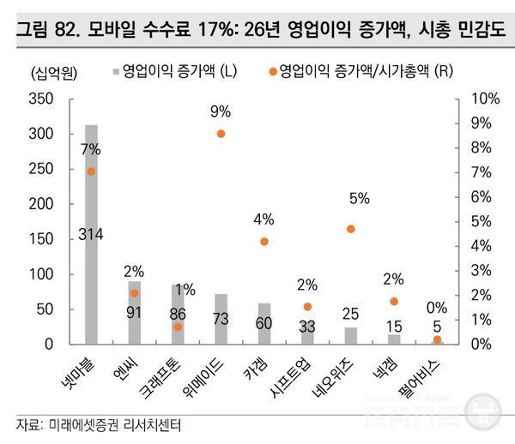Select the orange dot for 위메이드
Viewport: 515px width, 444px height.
[x=221, y=134]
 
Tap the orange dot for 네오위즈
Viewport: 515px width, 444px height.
[x=350, y=229]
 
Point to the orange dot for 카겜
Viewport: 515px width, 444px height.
[x=264, y=242]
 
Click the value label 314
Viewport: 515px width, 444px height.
[x=91, y=234]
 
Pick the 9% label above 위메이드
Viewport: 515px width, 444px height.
[x=221, y=111]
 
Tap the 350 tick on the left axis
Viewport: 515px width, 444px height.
[x=43, y=99]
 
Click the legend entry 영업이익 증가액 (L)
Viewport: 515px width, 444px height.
[x=173, y=70]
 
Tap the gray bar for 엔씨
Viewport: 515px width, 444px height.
[x=135, y=312]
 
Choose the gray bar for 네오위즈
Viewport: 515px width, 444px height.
[x=350, y=335]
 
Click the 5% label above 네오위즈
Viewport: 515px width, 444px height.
[x=359, y=198]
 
